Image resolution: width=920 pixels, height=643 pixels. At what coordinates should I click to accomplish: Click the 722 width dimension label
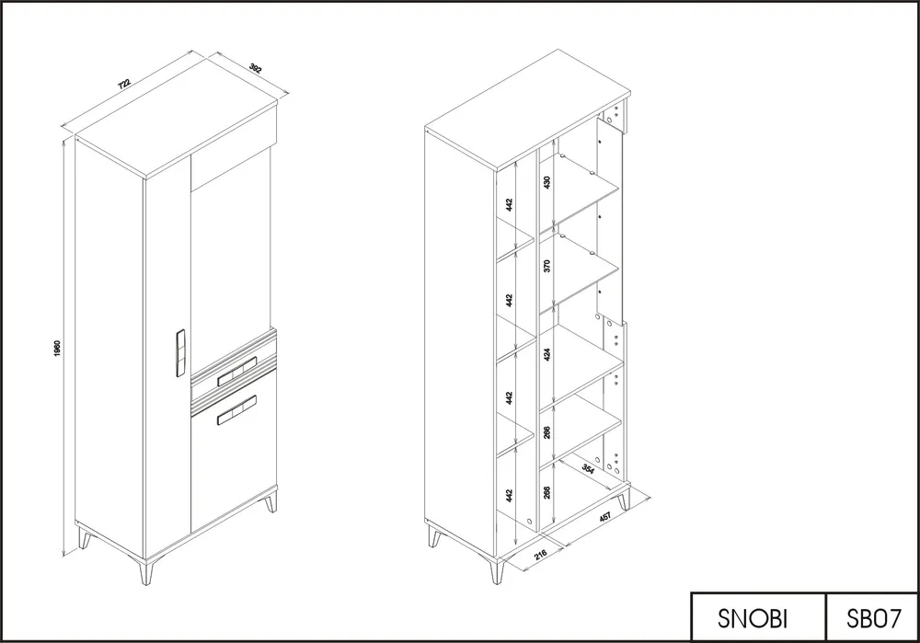pos(124,84)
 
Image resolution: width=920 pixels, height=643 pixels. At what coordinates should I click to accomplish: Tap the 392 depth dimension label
pos(255,67)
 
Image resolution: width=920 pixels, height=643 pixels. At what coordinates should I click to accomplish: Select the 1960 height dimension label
pos(57,348)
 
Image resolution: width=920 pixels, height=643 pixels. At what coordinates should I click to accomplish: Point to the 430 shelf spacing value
pos(547,182)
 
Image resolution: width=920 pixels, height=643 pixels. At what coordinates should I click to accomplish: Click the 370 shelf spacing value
pos(547,266)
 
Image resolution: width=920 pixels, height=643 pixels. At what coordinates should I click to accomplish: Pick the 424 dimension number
pos(547,354)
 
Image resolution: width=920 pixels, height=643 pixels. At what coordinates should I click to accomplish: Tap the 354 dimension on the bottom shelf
pos(588,469)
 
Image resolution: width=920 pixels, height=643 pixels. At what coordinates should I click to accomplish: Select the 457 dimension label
pos(605,516)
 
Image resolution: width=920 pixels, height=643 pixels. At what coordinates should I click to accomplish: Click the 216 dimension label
pos(541,554)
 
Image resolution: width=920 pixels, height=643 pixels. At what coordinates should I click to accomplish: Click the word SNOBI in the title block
pos(753,618)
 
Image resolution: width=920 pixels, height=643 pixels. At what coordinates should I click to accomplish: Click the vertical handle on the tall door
pos(180,354)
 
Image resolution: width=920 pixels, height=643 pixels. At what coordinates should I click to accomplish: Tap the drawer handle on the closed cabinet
pos(237,372)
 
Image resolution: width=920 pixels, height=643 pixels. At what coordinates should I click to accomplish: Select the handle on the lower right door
pos(237,410)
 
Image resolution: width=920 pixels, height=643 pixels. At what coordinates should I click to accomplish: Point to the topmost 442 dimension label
pos(510,204)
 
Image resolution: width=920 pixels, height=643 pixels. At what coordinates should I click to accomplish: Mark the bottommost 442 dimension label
pos(510,496)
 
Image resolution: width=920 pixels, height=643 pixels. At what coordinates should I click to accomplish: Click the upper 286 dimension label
pos(547,433)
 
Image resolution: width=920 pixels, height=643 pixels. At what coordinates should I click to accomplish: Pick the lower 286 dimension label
pos(547,491)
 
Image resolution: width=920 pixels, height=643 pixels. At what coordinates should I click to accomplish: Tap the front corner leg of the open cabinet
pos(497,571)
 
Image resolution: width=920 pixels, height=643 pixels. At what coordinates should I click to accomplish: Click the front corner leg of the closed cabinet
pos(145,571)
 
